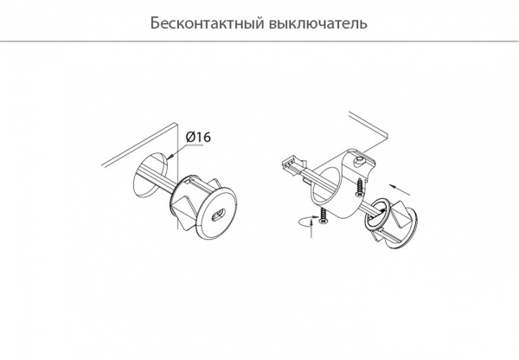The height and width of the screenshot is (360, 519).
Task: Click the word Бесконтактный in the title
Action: click(x=201, y=22)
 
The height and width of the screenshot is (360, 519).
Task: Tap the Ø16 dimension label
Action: click(x=199, y=136)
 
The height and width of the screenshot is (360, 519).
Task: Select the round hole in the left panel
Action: click(x=149, y=177)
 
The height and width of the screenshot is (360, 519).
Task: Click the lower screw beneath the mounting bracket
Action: click(x=322, y=215)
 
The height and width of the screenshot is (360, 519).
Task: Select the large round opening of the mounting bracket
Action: click(x=334, y=185)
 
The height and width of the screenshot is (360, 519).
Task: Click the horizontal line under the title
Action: click(x=259, y=41)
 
